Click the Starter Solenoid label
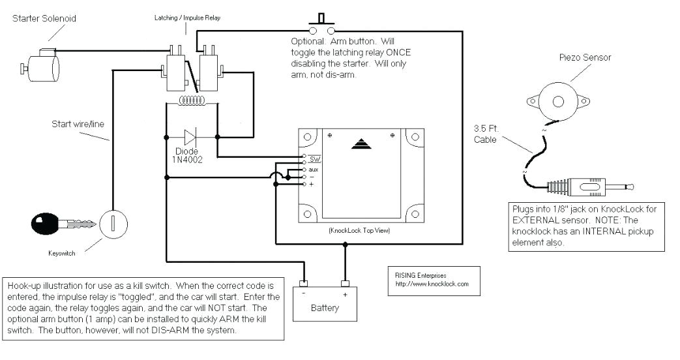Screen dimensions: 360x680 pyautogui.click(x=44, y=18)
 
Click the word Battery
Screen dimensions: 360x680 pyautogui.click(x=324, y=308)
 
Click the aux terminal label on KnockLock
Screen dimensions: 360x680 pyautogui.click(x=313, y=170)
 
